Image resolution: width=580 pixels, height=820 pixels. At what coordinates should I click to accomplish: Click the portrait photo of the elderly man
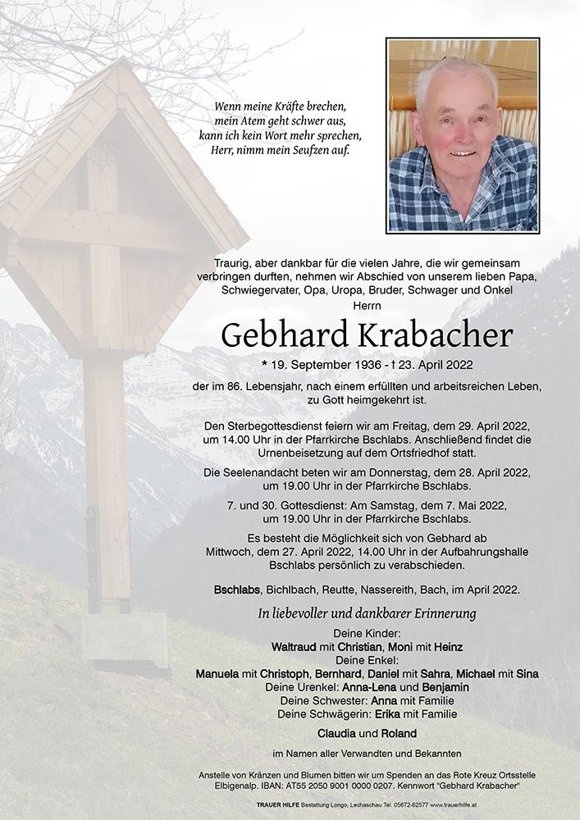tap(463, 135)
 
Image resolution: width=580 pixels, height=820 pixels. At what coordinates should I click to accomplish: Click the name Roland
tap(396, 733)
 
